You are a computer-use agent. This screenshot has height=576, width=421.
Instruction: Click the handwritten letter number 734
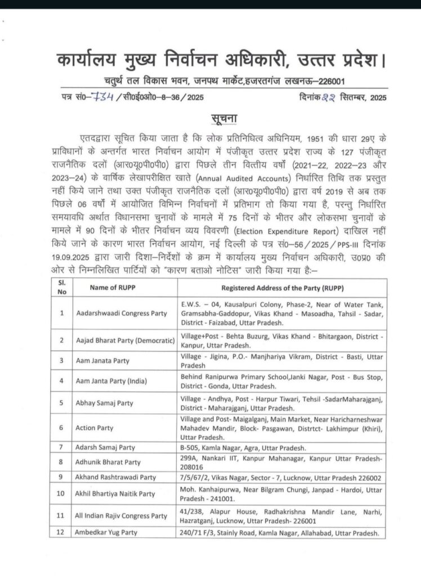[106, 96]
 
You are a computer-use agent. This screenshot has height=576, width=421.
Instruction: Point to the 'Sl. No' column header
[62, 288]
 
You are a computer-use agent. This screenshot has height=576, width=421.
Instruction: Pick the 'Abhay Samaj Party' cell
[104, 403]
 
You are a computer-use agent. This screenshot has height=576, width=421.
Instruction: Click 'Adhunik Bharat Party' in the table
[108, 462]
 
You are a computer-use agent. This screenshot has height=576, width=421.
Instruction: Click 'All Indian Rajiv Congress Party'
[122, 515]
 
